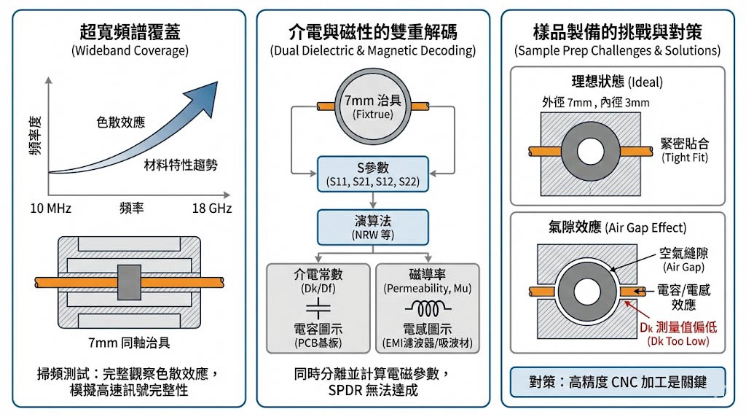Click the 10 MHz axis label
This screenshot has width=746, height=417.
click(50, 209)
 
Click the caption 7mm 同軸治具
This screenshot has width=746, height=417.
click(132, 344)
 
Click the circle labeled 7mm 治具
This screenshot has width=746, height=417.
click(372, 107)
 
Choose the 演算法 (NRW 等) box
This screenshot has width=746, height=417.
click(372, 227)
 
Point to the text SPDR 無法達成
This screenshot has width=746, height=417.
click(372, 391)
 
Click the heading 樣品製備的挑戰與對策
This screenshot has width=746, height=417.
click(617, 32)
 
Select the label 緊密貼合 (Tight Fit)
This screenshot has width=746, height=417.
click(684, 149)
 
